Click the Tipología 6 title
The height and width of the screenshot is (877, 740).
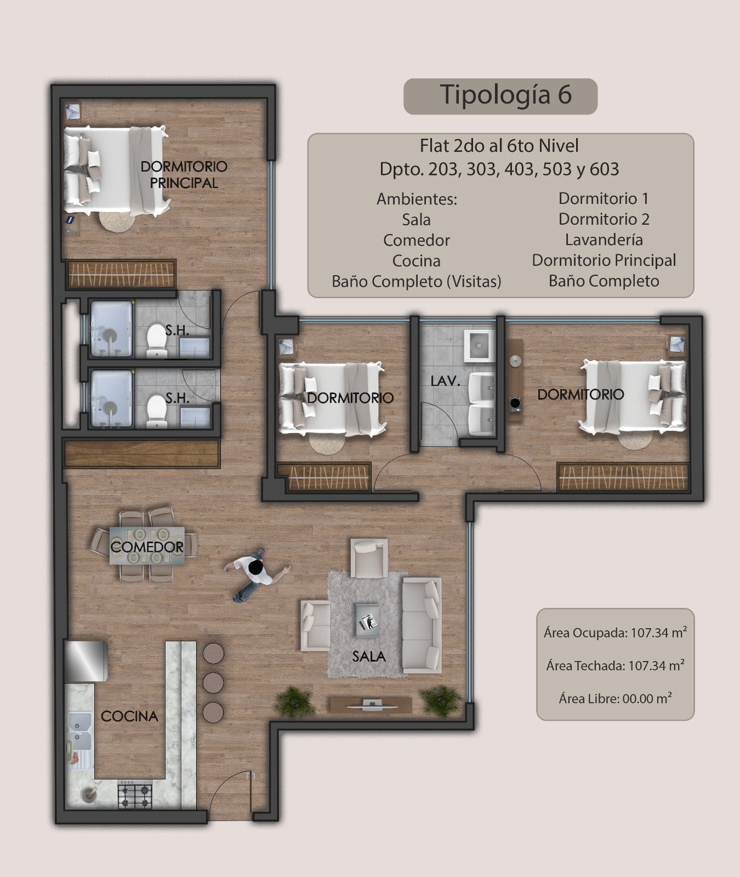[x=505, y=95]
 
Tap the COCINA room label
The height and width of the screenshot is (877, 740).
[x=129, y=716]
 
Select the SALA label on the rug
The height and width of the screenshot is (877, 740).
[x=369, y=656]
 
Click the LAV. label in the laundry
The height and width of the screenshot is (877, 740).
[x=445, y=381]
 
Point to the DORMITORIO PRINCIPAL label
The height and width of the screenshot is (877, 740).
[x=184, y=174]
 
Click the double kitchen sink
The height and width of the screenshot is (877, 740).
[x=79, y=732]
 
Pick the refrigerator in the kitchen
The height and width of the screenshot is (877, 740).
[x=86, y=661]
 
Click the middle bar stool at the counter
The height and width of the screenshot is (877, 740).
[x=213, y=682]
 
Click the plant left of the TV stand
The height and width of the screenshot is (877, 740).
[x=294, y=701]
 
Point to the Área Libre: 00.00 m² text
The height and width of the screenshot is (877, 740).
[x=616, y=698]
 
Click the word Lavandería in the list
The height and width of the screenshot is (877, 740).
[x=604, y=240]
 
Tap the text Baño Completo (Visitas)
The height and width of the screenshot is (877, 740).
[x=417, y=281]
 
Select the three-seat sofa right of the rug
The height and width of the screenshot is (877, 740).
[x=422, y=625]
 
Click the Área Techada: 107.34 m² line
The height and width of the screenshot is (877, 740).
[x=616, y=665]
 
